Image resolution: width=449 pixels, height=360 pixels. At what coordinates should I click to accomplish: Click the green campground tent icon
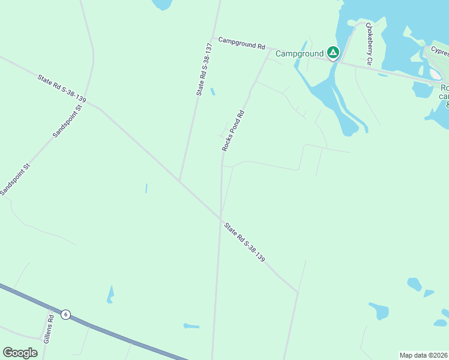[333, 53]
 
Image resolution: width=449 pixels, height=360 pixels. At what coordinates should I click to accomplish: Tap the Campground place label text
[299, 54]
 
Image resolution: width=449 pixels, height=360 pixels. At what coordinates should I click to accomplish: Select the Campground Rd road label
[241, 43]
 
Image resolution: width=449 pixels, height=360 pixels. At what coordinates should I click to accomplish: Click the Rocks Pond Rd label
[234, 130]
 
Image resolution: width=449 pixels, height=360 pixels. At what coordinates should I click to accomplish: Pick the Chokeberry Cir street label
[369, 44]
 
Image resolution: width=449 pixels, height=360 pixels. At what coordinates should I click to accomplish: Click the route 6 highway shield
[65, 314]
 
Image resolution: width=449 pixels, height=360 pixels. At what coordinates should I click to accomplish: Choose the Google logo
[20, 353]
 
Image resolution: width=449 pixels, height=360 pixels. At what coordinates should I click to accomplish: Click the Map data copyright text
[423, 355]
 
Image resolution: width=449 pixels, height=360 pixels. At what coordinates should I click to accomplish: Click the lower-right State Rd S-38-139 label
[245, 241]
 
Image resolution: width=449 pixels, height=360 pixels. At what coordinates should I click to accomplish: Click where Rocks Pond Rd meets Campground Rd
[269, 49]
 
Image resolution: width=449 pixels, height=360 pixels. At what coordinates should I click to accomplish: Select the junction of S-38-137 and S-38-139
[179, 181]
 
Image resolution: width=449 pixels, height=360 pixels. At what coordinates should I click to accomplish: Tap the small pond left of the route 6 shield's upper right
[110, 294]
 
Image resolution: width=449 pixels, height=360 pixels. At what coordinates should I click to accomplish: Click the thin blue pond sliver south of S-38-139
[146, 188]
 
